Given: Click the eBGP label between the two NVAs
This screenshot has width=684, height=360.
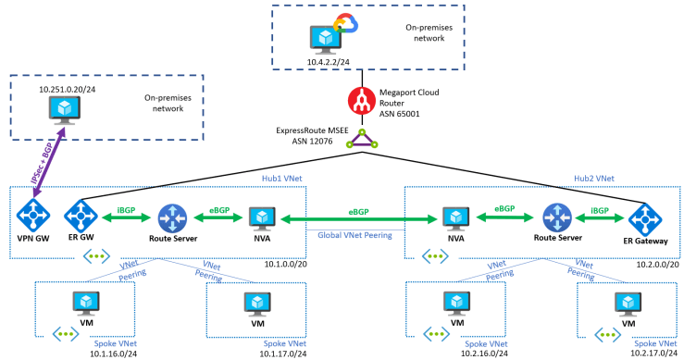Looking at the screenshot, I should tap(355, 212).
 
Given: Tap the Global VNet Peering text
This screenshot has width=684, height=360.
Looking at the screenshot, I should tap(355, 236).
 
